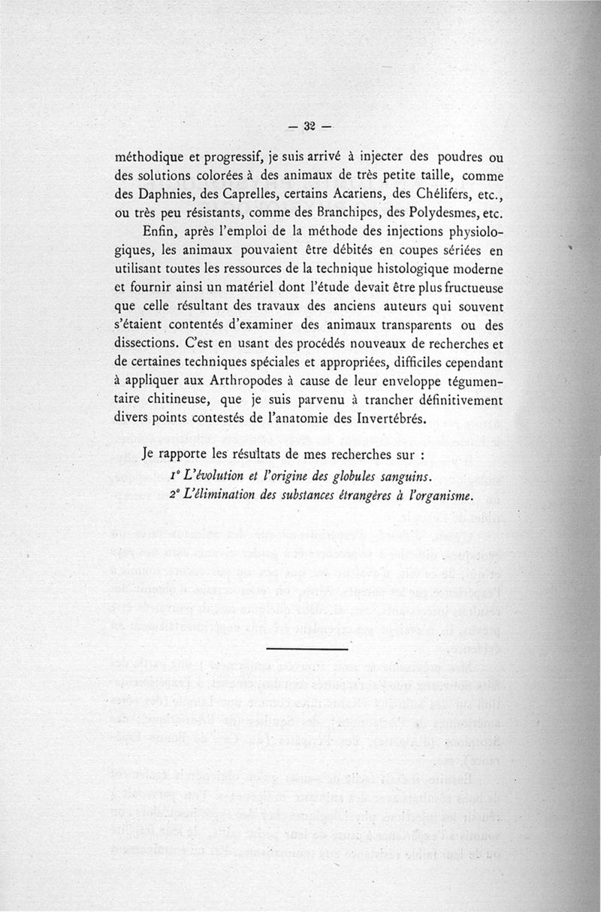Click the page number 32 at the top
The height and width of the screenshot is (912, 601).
307,126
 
